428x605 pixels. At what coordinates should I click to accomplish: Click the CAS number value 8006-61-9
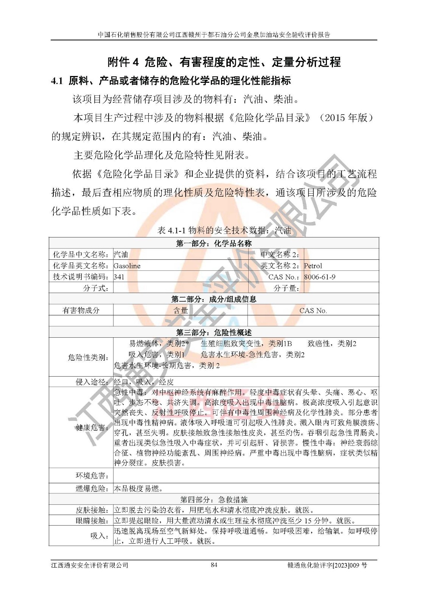(x=320, y=277)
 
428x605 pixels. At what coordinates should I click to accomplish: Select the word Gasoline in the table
(x=127, y=266)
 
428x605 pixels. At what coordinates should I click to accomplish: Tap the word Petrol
(x=313, y=266)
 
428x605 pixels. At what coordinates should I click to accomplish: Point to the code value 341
(x=119, y=277)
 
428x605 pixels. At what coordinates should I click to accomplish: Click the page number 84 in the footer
(x=214, y=565)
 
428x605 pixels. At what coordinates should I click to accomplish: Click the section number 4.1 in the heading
(x=57, y=81)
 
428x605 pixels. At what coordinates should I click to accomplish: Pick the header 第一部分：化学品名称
(x=214, y=243)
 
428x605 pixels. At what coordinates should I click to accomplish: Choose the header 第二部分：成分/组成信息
(x=214, y=299)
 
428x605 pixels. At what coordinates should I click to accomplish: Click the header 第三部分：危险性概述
(x=214, y=332)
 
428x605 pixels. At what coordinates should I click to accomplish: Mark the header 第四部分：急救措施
(x=214, y=500)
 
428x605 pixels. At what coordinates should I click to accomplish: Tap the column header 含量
(x=181, y=310)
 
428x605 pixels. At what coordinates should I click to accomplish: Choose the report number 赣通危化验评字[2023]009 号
(x=327, y=565)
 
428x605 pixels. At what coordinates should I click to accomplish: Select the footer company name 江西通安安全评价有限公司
(x=90, y=565)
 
